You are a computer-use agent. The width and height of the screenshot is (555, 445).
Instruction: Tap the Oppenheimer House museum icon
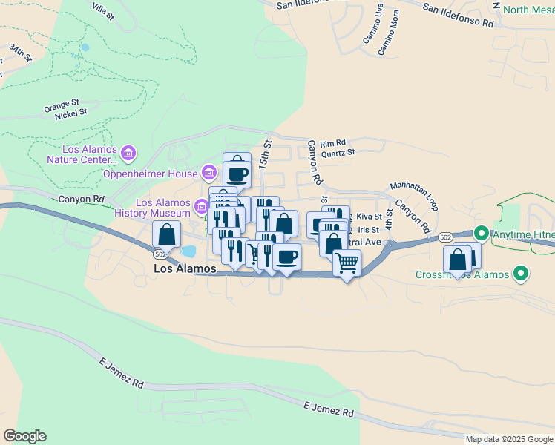(x=209, y=174)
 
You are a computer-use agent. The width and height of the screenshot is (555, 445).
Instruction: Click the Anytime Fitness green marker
(x=481, y=234)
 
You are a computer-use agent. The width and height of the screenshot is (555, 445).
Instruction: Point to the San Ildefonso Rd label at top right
(x=458, y=15)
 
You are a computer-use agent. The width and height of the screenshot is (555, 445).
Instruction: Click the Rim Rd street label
(x=333, y=142)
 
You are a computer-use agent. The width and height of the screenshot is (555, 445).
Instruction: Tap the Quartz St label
(x=343, y=152)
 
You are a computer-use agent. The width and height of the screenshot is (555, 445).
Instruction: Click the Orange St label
(x=61, y=105)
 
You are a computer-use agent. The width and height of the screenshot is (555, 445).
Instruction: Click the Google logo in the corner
(x=24, y=436)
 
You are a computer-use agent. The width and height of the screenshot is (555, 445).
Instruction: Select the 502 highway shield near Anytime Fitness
(x=444, y=237)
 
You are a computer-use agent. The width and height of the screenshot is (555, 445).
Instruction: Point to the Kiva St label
(x=368, y=217)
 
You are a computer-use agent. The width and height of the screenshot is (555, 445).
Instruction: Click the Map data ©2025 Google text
(x=509, y=439)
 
